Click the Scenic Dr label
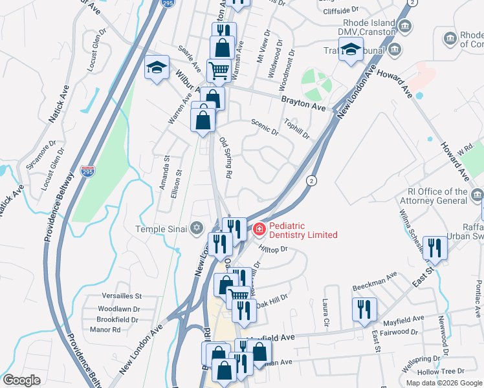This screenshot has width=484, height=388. coord(264,130)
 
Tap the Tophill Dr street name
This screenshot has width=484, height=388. coord(297,129)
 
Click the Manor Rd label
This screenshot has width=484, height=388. coord(105,329)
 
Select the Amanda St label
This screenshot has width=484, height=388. coord(166,169)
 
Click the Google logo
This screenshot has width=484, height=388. coord(21,380)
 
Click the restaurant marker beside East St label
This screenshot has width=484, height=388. coord(435,248)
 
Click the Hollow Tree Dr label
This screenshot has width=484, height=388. coord(441,371)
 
